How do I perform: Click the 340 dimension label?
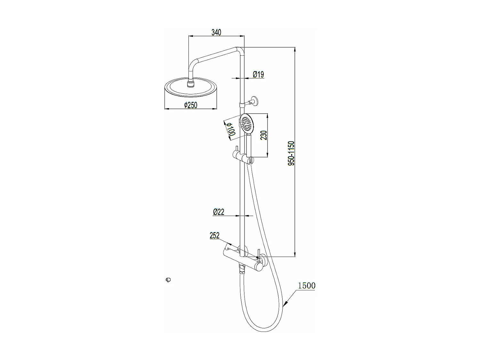point(216,32)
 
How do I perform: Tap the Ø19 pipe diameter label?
point(258,75)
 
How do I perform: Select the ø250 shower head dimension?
point(191,105)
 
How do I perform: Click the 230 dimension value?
point(264,135)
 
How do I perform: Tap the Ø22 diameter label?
point(219,212)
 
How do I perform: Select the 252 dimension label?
point(214,236)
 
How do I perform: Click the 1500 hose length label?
point(307,286)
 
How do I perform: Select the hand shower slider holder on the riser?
point(243,157)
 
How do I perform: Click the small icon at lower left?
point(168,280)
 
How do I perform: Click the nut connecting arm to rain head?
point(191,84)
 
